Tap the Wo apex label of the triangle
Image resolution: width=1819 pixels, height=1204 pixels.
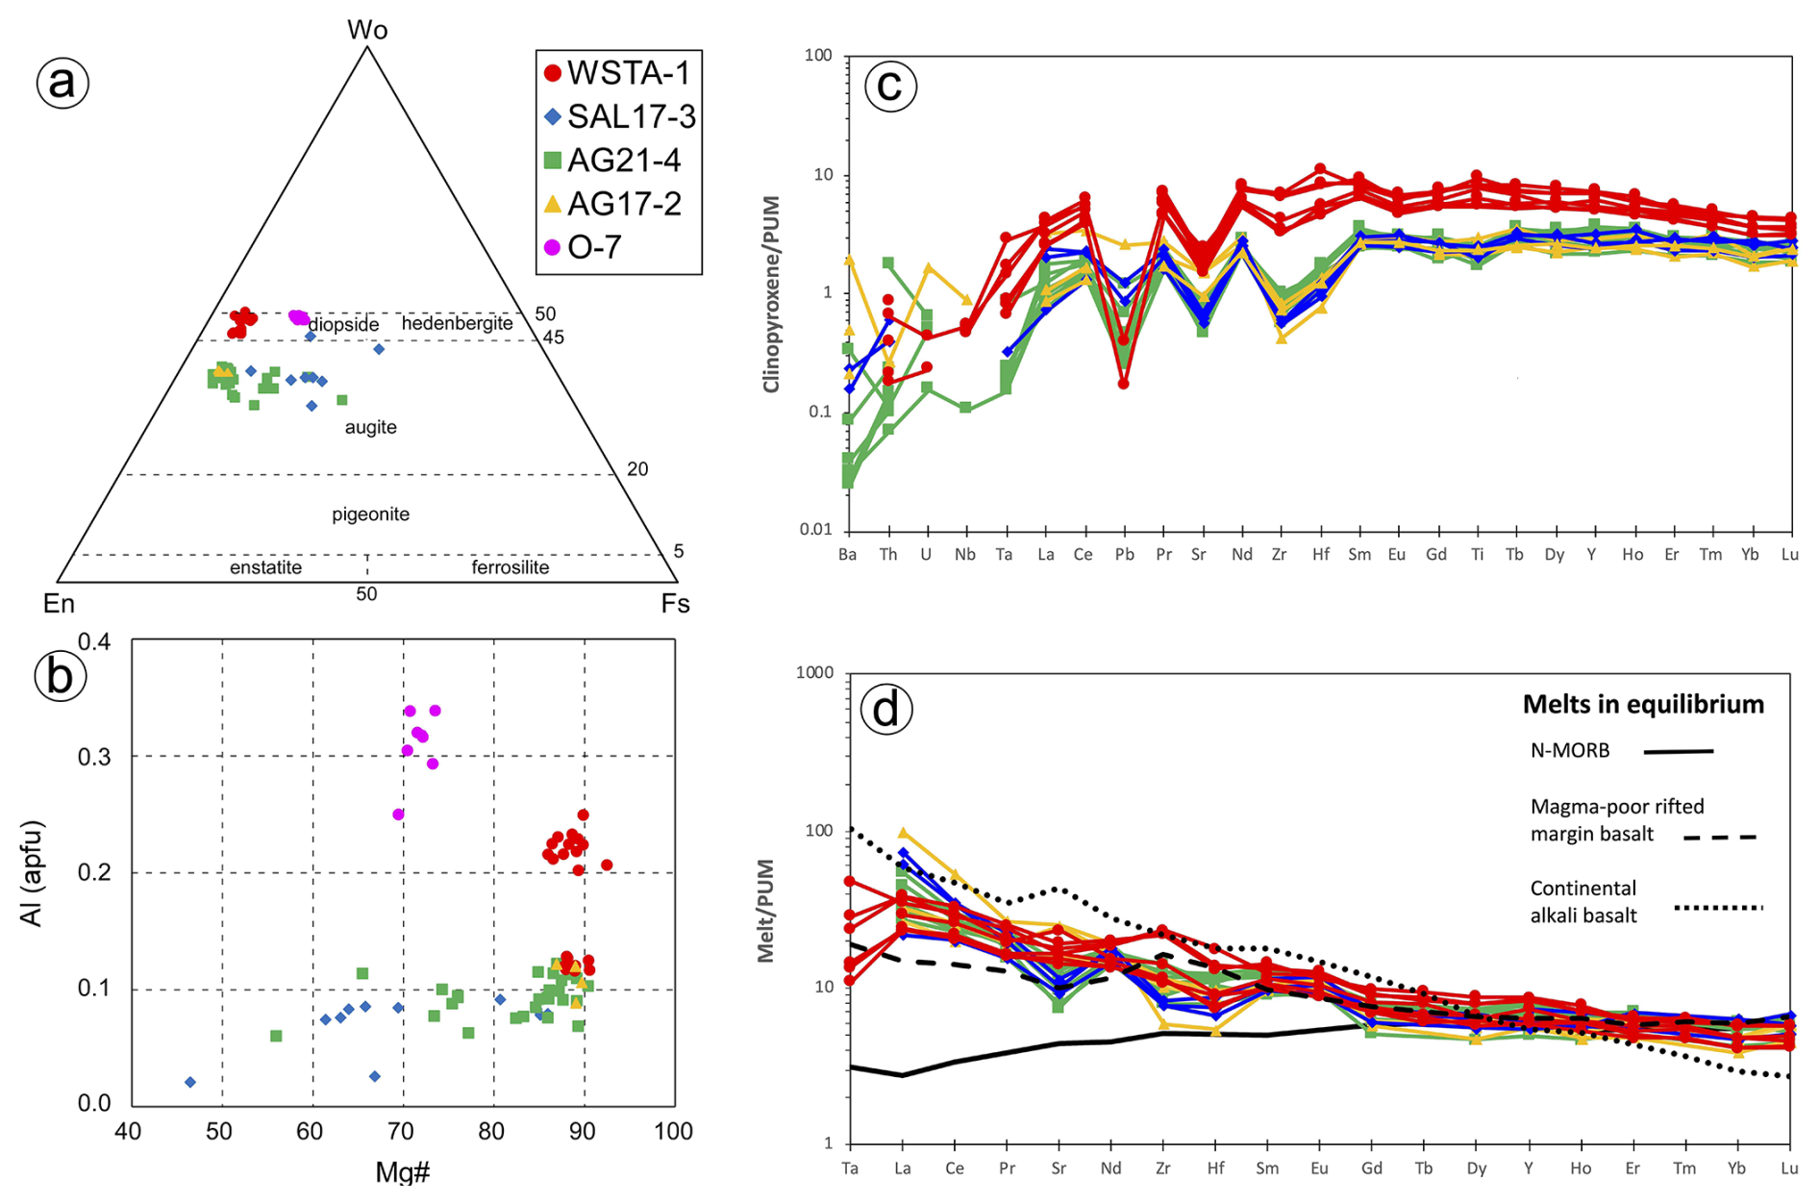click(x=367, y=30)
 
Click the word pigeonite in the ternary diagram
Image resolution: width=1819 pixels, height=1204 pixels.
click(x=371, y=514)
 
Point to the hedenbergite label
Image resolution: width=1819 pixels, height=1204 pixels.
click(x=457, y=323)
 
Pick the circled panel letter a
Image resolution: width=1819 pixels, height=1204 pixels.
click(x=62, y=83)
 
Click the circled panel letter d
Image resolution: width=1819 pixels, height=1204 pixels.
click(x=885, y=710)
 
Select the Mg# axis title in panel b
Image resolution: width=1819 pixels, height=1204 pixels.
click(x=403, y=1172)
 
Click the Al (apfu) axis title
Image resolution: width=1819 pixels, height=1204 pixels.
click(x=32, y=873)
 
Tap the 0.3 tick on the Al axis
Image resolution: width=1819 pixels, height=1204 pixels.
click(x=94, y=757)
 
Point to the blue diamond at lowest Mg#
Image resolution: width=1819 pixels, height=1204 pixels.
click(x=190, y=1082)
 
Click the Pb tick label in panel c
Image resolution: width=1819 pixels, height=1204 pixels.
click(x=1124, y=555)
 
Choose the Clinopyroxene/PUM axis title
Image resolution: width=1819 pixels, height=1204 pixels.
click(x=771, y=294)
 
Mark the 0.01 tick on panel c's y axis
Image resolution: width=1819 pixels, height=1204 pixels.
click(x=815, y=530)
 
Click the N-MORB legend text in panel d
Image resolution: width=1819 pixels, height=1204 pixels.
click(x=1569, y=751)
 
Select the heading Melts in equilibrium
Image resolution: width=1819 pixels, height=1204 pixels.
click(x=1643, y=705)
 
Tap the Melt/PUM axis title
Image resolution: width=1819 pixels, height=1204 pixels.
click(x=765, y=910)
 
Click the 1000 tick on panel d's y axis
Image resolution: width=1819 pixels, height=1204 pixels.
click(x=814, y=673)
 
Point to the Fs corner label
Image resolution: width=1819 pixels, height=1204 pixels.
click(x=675, y=604)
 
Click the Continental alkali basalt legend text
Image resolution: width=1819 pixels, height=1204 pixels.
click(x=1583, y=902)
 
